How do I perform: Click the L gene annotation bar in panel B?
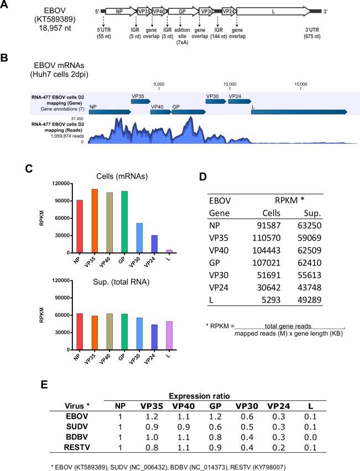pyautogui.click(x=299, y=112)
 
